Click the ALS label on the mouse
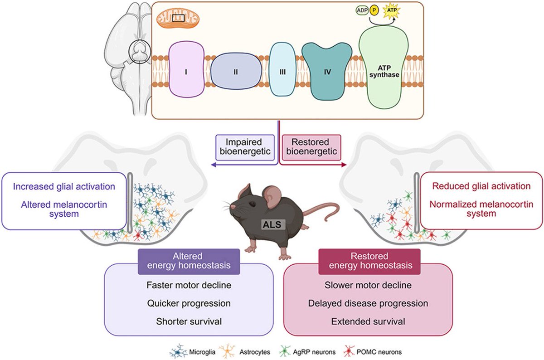(x=270, y=223)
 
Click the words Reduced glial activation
(x=481, y=186)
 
